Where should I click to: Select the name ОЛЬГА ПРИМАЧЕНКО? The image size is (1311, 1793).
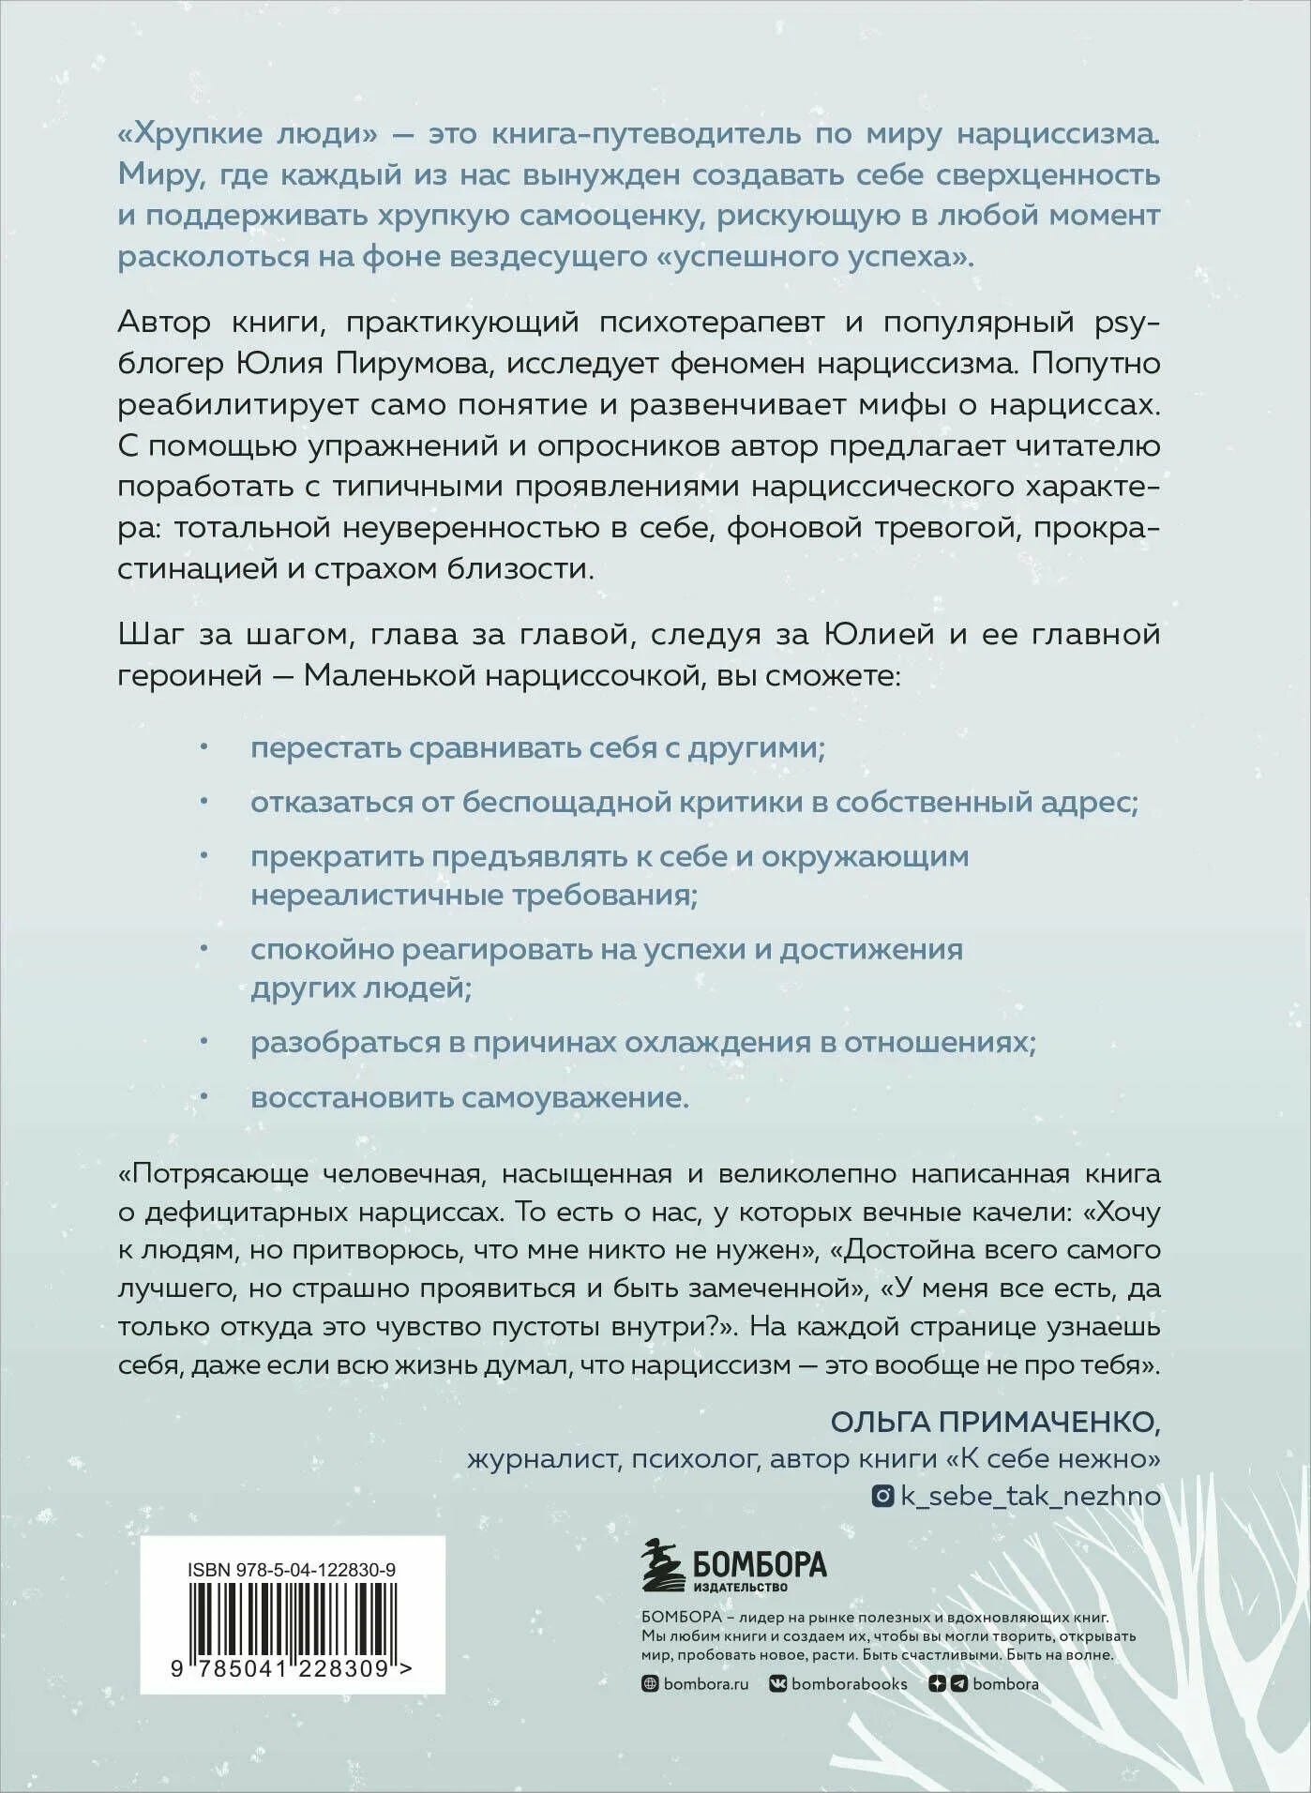pos(995,1422)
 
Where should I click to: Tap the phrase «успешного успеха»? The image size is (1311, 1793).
pos(814,256)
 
